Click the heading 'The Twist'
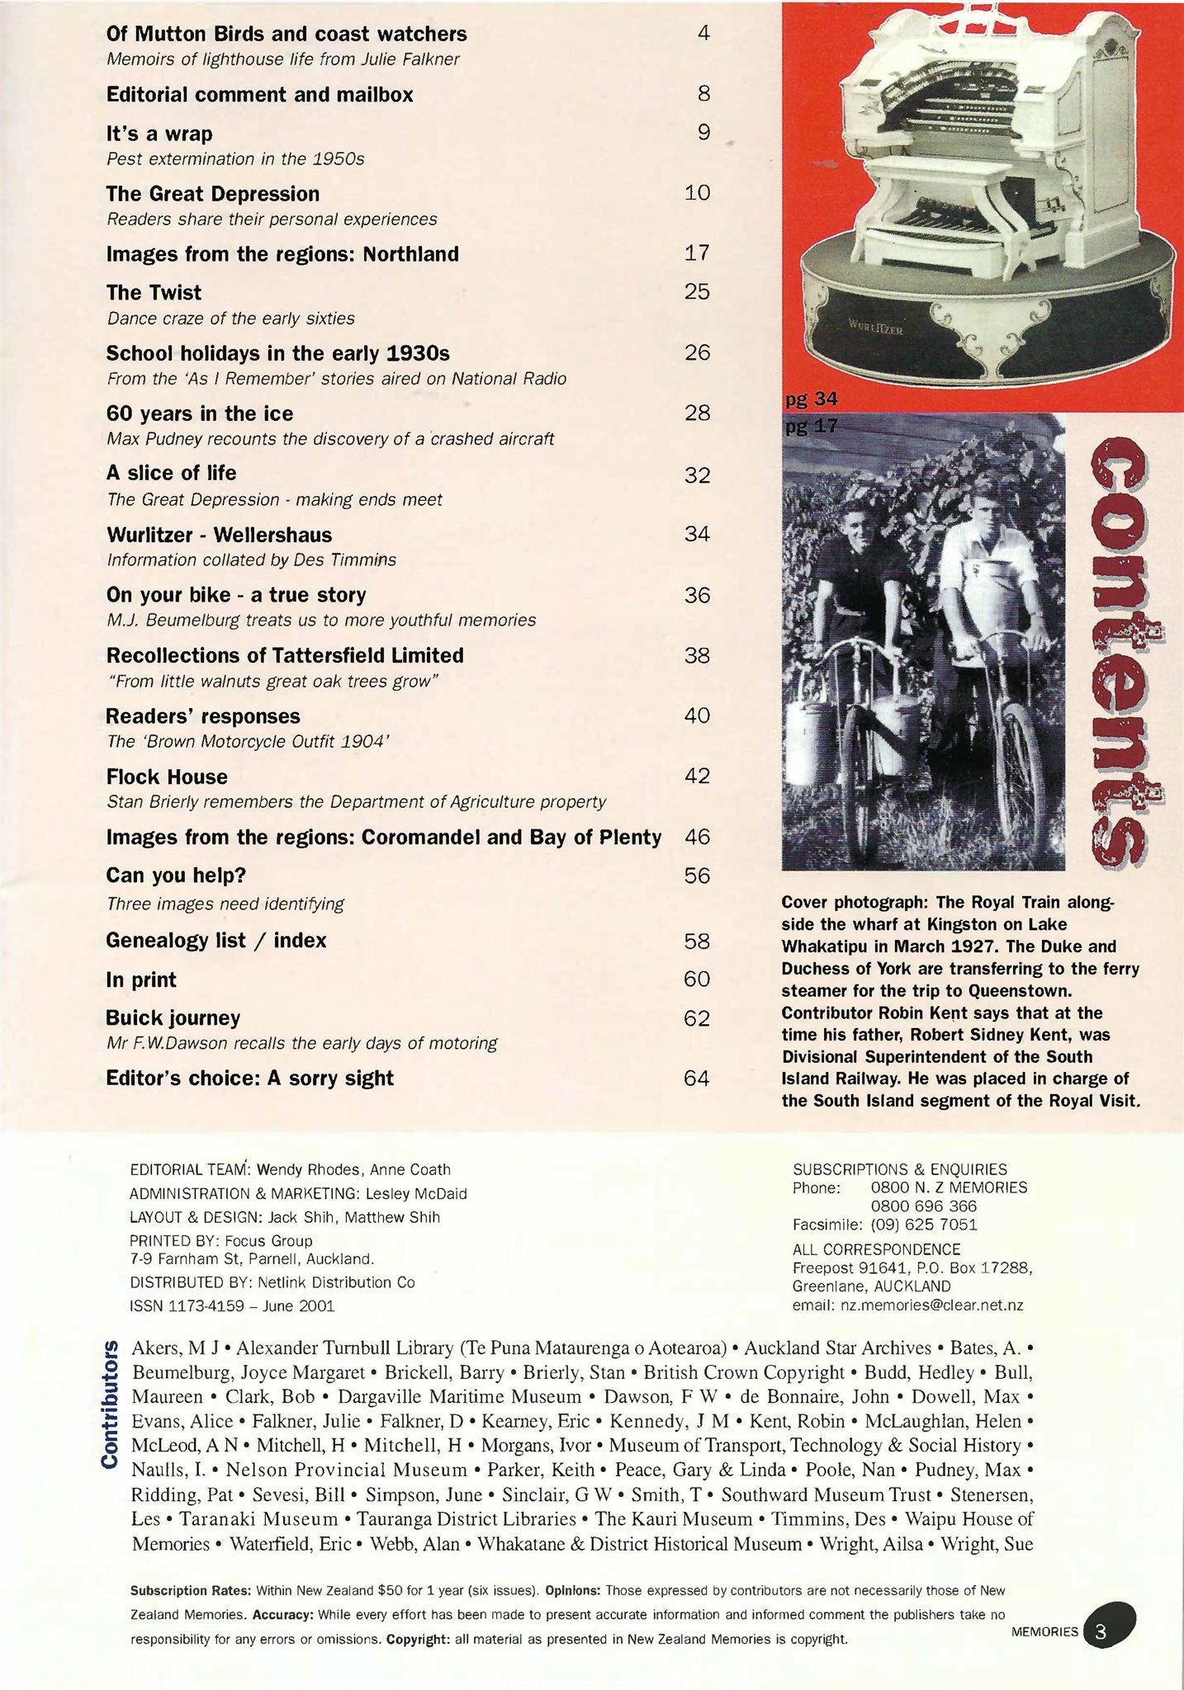(154, 293)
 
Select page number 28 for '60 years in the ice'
(697, 413)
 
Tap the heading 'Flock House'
(167, 777)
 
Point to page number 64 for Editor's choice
(696, 1078)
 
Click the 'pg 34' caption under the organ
(811, 400)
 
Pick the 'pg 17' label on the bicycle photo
(811, 427)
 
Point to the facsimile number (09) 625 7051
(924, 1225)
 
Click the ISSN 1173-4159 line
(231, 1305)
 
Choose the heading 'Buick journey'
(173, 1017)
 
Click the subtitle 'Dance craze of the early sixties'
(230, 319)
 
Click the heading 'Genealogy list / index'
(216, 941)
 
